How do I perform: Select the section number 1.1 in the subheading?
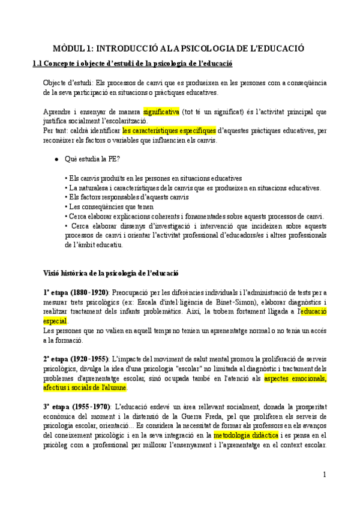point(38,63)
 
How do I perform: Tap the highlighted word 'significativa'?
point(161,112)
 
